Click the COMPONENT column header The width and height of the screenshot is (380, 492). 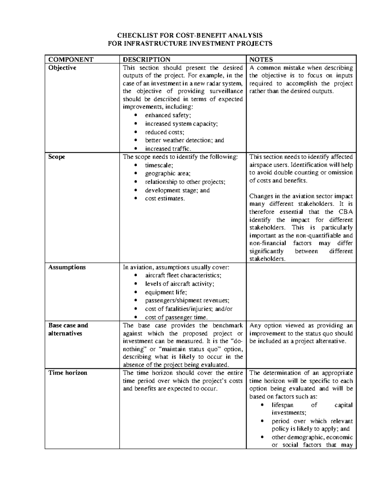point(71,60)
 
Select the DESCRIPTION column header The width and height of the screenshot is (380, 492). point(146,60)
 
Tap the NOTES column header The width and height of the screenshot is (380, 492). point(261,60)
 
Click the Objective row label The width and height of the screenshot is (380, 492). point(62,68)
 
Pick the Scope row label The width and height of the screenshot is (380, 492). point(57,157)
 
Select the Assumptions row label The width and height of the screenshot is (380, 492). point(67,267)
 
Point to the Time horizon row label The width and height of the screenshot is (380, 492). point(67,373)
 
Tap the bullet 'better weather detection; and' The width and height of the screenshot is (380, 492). point(184,140)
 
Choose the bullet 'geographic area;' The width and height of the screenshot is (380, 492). point(168,173)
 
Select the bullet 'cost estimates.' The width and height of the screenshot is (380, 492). point(165,198)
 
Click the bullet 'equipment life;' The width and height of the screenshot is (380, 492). point(166,292)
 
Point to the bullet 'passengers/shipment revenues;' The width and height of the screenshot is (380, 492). point(187,300)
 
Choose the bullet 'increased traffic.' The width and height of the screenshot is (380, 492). point(168,149)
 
